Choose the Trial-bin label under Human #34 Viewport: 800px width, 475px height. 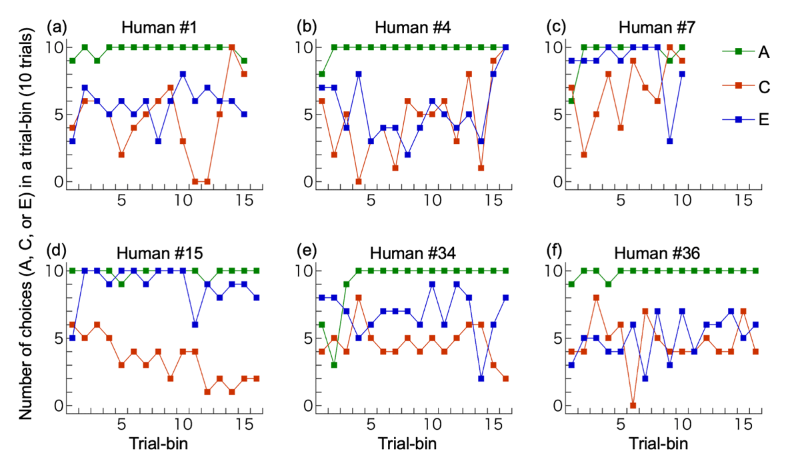coord(405,442)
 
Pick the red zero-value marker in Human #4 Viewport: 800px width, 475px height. coord(359,181)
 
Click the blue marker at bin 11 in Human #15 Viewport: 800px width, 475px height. coord(195,324)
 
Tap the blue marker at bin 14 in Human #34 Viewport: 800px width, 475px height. coord(481,378)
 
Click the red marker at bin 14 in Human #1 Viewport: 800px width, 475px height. coord(232,47)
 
